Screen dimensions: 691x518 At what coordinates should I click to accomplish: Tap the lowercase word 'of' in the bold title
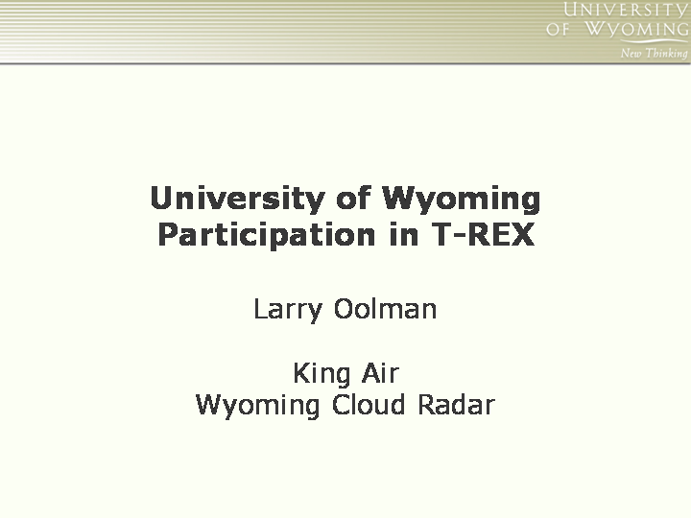(x=353, y=198)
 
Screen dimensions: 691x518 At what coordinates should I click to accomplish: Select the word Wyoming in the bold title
(x=461, y=200)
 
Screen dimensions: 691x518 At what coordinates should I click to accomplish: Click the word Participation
(x=266, y=235)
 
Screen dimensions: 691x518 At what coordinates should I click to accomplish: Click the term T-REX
(x=483, y=234)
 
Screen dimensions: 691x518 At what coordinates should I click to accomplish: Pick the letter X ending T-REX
(x=522, y=234)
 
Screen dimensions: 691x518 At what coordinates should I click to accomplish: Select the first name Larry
(x=288, y=310)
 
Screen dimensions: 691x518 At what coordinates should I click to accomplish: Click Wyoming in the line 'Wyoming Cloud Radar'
(x=257, y=406)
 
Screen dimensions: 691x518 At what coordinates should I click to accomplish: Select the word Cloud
(x=369, y=404)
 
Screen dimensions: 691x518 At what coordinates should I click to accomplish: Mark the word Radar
(x=456, y=404)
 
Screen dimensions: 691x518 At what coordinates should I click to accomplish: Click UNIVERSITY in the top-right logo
(x=625, y=10)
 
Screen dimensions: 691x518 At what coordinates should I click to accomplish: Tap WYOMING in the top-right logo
(x=636, y=29)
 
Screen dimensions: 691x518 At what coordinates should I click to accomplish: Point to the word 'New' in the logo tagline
(x=631, y=54)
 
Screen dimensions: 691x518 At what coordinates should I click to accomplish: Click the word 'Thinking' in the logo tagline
(x=666, y=54)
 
